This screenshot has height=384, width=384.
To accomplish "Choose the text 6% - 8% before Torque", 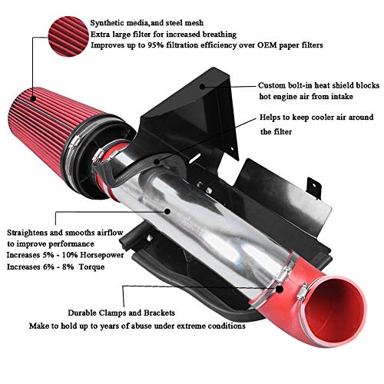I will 75,268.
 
